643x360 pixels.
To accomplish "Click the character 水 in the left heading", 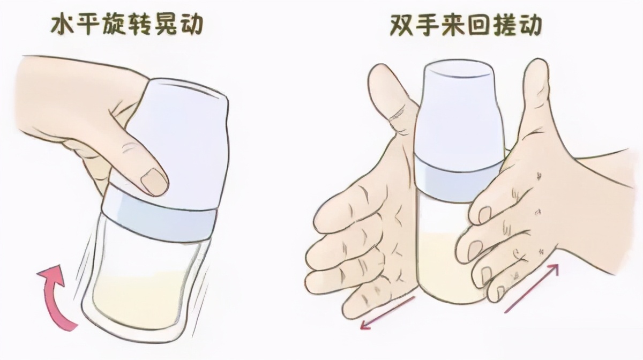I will [x=63, y=24].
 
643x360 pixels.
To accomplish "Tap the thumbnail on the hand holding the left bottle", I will [x=153, y=182].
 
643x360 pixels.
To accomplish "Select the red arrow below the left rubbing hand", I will [x=387, y=313].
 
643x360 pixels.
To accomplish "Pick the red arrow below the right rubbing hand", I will [x=532, y=288].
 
